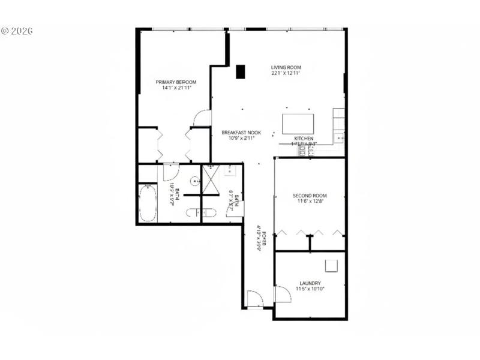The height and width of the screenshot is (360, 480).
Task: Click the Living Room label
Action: tap(286, 67)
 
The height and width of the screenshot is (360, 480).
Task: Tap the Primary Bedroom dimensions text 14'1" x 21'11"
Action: tap(176, 88)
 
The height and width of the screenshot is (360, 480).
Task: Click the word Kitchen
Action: tap(304, 139)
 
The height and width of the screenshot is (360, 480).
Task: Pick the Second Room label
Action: tap(310, 196)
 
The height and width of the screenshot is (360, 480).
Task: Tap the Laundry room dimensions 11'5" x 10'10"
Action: tap(310, 289)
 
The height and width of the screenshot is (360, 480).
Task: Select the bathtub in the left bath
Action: tap(148, 203)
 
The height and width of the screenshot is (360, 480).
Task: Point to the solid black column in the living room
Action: tap(241, 71)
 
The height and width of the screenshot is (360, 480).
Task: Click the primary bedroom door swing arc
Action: tap(203, 118)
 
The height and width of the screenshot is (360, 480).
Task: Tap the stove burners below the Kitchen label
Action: tap(305, 151)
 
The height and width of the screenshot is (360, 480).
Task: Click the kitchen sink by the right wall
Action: tap(340, 139)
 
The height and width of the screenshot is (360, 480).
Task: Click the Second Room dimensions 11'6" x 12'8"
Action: tap(310, 202)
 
